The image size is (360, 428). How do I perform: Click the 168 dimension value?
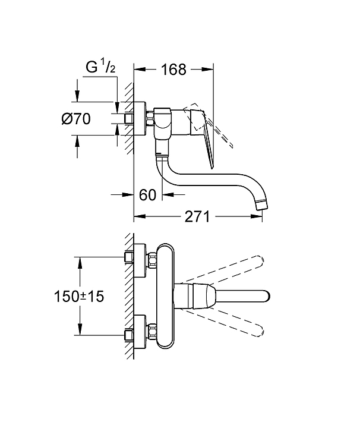coord(173,70)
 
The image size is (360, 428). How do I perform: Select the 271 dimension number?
coord(197,216)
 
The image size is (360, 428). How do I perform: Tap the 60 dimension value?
coord(147,194)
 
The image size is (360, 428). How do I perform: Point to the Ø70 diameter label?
coord(76,119)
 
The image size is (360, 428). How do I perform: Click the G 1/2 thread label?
coord(100,67)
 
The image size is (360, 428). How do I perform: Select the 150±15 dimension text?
coord(79,296)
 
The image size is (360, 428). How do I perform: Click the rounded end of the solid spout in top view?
coord(267,296)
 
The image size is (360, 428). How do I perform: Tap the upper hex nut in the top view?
coord(151,261)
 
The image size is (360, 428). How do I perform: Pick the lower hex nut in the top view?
coord(151,332)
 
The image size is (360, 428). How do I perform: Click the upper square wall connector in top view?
coord(129,257)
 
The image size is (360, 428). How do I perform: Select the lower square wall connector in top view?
coord(129,335)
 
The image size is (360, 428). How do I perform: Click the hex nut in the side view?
coord(150,119)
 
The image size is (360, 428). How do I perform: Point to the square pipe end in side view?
coord(129,119)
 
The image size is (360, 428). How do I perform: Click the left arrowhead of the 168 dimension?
coord(140,70)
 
